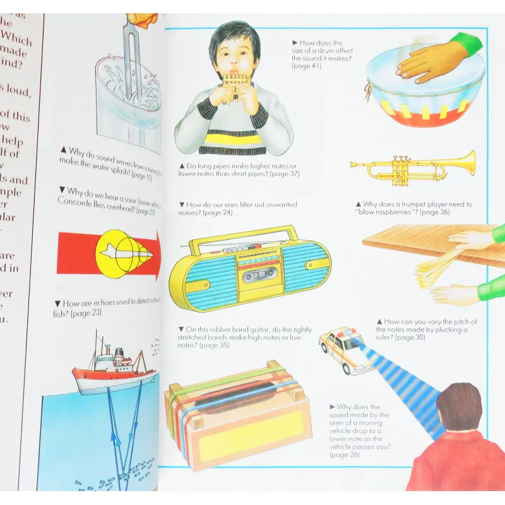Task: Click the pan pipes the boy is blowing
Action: (235, 83)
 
